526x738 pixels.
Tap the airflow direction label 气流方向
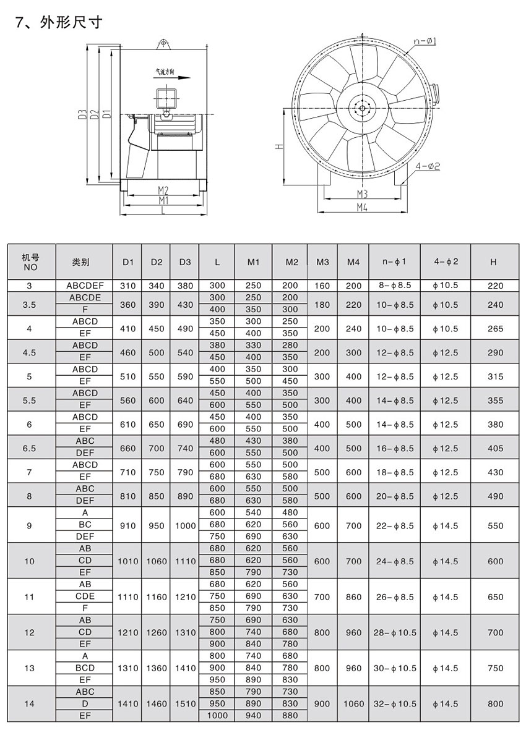[164, 72]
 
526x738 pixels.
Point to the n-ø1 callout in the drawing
[425, 41]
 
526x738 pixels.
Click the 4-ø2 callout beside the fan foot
[427, 166]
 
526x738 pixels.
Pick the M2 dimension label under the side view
[163, 190]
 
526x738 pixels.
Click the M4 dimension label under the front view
[362, 207]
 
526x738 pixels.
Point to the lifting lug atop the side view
[163, 44]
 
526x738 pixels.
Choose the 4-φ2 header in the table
[446, 262]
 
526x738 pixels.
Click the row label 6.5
[29, 448]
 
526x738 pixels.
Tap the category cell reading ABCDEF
[85, 286]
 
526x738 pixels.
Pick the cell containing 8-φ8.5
[394, 286]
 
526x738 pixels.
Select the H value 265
[493, 328]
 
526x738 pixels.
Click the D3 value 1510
[185, 704]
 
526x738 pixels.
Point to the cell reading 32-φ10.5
[395, 704]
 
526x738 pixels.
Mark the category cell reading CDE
[85, 597]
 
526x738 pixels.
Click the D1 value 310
[128, 286]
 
